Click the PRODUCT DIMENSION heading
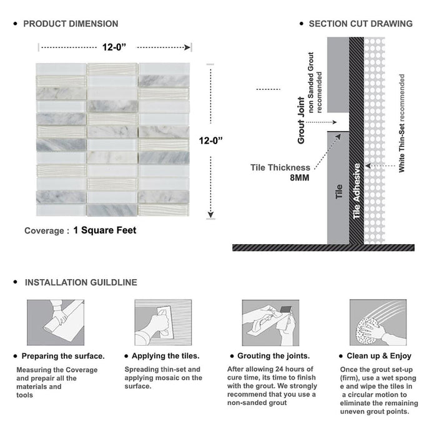tap(71, 24)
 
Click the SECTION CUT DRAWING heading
tap(360, 24)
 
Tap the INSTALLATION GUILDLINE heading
tap(81, 282)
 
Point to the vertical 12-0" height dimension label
tap(212, 141)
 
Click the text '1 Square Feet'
tap(104, 230)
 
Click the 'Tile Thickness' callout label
tap(280, 167)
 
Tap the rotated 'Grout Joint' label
tap(302, 120)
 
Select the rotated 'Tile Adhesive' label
tap(357, 191)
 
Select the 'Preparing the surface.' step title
tap(64, 356)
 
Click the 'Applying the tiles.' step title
tap(167, 356)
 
